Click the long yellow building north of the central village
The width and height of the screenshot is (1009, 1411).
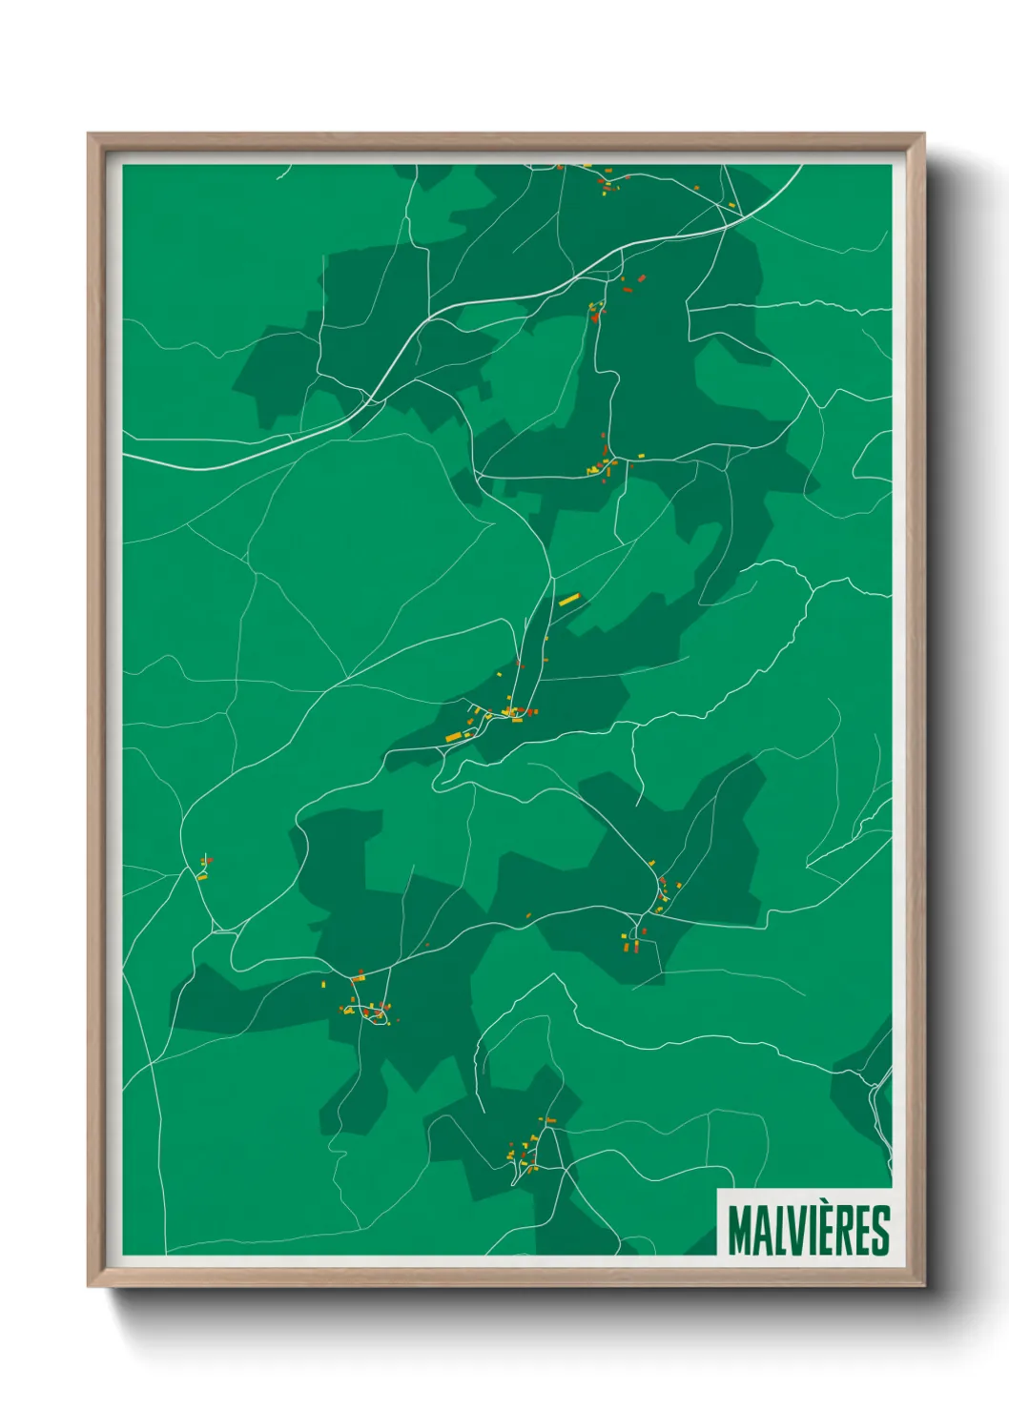568,600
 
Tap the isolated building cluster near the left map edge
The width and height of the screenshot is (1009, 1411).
204,868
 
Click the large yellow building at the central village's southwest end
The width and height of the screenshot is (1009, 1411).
454,737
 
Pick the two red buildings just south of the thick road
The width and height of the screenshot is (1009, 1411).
633,282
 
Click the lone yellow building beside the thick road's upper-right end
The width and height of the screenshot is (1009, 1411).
731,205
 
